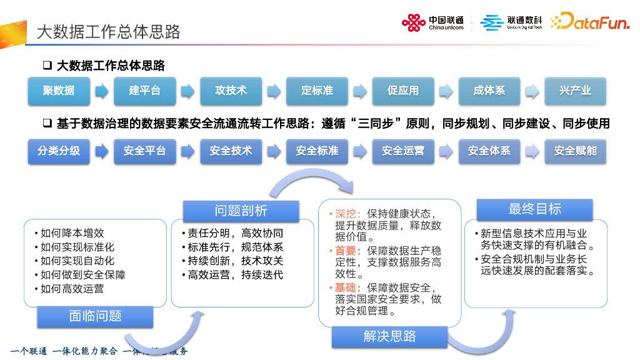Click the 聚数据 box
click(x=59, y=91)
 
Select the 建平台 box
click(x=145, y=91)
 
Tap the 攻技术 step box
click(x=231, y=91)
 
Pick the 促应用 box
click(x=403, y=91)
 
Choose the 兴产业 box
click(x=575, y=91)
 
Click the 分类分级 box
click(x=59, y=151)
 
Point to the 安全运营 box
click(x=403, y=151)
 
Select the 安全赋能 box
click(x=575, y=151)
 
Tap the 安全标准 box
click(x=317, y=151)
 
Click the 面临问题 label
click(x=95, y=317)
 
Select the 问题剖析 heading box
click(x=241, y=211)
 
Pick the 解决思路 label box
click(x=389, y=337)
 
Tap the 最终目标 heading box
click(x=535, y=209)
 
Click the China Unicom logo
click(x=432, y=23)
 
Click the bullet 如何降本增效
click(x=72, y=233)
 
